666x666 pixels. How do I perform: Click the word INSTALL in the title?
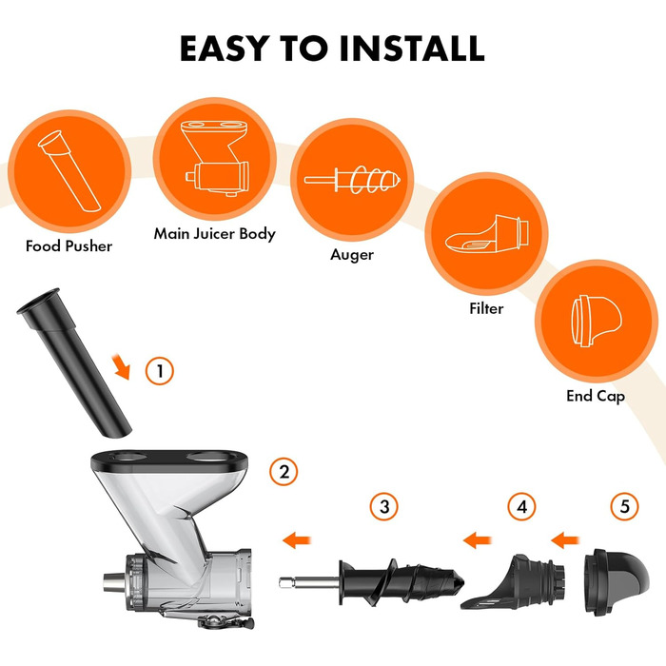412,48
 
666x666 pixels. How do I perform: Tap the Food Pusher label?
69,245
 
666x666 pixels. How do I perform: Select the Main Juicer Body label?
214,234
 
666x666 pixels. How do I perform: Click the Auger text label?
352,255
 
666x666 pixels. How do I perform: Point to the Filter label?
486,308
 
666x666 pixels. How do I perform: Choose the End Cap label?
596,397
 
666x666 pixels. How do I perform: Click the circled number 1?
160,371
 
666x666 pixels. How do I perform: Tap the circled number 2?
284,472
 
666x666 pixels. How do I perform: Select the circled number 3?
384,507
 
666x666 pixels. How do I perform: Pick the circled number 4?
521,507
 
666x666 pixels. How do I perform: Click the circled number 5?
624,507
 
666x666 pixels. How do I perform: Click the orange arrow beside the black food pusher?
121,367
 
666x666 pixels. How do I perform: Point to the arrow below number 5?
565,540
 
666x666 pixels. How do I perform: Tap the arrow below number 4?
477,540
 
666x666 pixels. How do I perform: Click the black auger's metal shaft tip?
282,582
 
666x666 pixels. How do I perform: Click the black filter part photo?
513,582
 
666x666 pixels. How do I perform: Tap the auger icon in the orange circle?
352,180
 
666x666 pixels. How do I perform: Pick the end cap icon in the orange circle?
597,321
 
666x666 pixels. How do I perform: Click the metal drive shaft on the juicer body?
114,582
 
